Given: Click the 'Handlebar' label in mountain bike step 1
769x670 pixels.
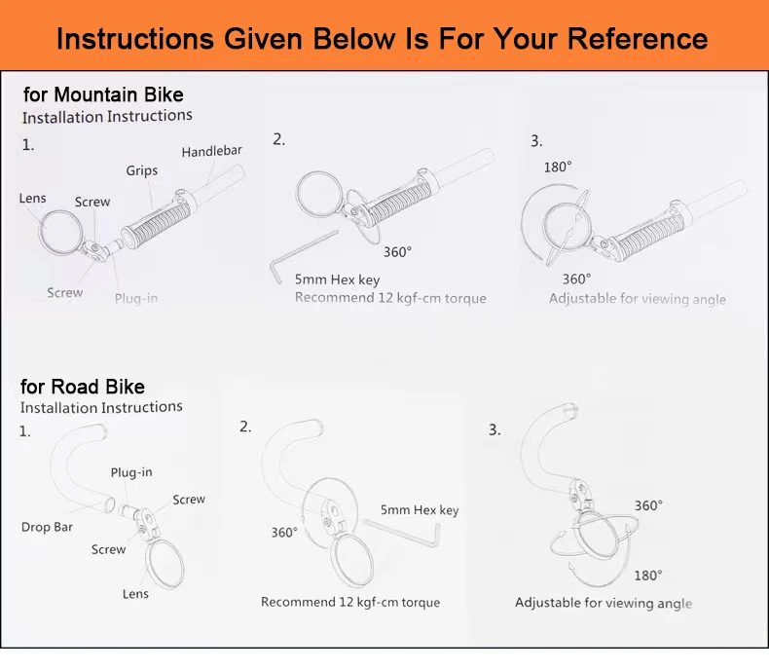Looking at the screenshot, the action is click(x=212, y=152).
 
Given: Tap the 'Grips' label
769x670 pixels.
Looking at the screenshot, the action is click(x=142, y=170).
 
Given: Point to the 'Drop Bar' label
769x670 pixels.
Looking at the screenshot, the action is click(x=47, y=527).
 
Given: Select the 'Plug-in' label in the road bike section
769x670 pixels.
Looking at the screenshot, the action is click(x=131, y=473).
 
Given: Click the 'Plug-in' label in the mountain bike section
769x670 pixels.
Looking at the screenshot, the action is click(x=136, y=298).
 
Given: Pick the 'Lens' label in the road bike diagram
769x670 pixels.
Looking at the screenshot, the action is click(x=135, y=594).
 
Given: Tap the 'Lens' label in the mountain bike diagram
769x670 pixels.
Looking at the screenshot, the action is click(x=32, y=198).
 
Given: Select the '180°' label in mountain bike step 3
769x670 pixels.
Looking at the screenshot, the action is click(x=558, y=167).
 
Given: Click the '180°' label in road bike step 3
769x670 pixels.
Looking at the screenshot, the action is click(x=648, y=576).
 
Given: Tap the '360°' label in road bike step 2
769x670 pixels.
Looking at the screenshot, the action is click(x=284, y=533).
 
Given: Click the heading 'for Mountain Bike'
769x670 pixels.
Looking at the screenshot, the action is click(x=103, y=94).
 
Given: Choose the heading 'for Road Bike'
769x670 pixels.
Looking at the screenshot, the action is click(x=83, y=387).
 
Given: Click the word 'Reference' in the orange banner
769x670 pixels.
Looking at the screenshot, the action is click(x=638, y=38).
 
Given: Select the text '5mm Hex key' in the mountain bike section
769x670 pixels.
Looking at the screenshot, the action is click(x=338, y=279).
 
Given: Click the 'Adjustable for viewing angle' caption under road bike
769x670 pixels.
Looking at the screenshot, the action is click(x=604, y=603).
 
